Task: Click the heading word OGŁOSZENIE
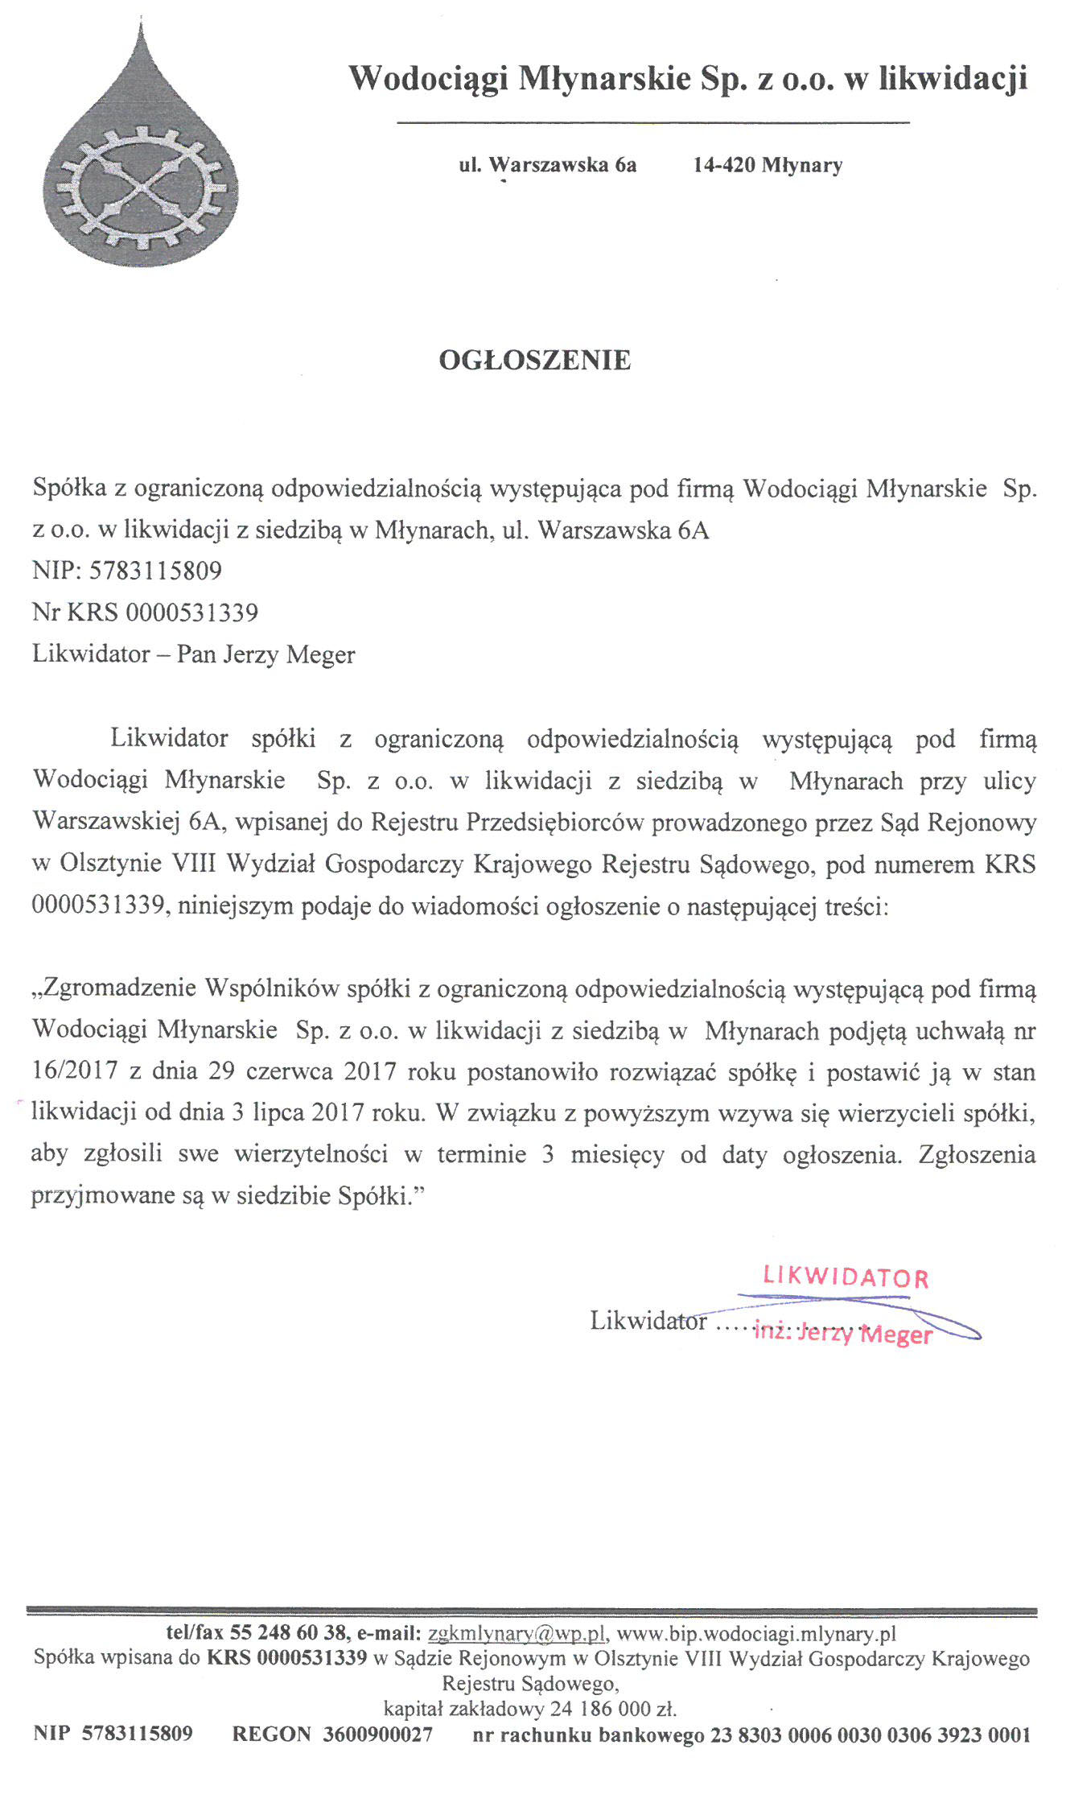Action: [534, 360]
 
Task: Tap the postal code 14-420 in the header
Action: [724, 166]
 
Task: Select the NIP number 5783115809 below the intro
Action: [155, 571]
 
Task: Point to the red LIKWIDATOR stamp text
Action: [846, 1277]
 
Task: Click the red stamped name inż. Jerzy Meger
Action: [842, 1334]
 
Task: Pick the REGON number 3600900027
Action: [377, 1734]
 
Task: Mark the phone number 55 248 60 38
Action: [289, 1633]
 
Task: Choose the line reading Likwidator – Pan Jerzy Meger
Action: [193, 654]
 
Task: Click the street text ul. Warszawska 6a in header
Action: [548, 166]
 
